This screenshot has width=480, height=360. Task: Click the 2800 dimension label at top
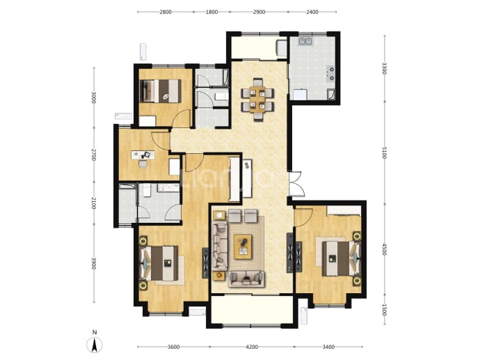pos(166,12)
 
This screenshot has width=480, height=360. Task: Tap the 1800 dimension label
pos(211,12)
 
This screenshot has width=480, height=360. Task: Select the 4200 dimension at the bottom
pos(252,347)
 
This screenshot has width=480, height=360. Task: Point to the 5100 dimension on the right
pos(385,152)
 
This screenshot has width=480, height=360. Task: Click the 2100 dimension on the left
pos(94,203)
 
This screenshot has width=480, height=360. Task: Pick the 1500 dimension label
pos(385,309)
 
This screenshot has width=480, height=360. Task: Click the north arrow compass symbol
pos(95,343)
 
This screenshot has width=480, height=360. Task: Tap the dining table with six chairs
pos(257,100)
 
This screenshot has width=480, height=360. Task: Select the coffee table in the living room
pos(243,246)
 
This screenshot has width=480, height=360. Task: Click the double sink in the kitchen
pos(305,41)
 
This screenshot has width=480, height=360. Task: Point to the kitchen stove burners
pos(330,74)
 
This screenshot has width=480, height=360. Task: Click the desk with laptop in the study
pos(143,155)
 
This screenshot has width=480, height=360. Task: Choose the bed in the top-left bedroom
pos(160,91)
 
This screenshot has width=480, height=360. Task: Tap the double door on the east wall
pos(296,184)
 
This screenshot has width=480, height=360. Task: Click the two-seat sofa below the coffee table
pos(246,279)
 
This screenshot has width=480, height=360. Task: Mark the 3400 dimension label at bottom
pos(328,347)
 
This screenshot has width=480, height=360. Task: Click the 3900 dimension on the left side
pos(94,263)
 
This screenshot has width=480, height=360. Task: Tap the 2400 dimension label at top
pos(312,12)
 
